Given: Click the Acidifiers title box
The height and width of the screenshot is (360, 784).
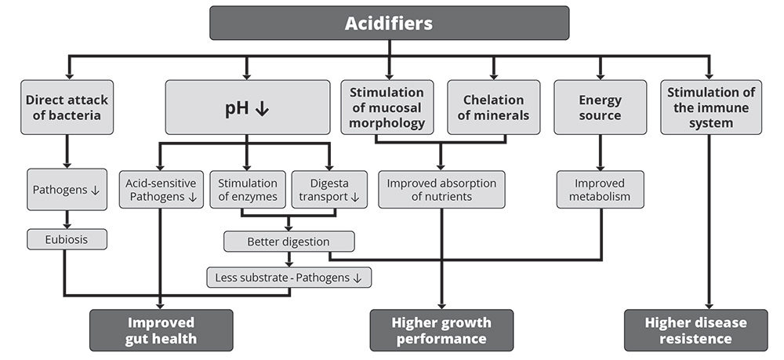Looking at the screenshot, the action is point(389,23).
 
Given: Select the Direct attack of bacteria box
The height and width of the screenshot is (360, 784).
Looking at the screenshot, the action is point(67,107).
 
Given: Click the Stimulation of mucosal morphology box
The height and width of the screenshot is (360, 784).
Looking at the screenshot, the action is point(387,107).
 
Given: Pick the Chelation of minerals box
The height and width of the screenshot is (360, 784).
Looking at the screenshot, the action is point(493,107).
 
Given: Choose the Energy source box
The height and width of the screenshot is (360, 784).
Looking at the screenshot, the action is point(600,107).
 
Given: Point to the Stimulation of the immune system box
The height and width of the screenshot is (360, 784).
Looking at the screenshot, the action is point(711,107).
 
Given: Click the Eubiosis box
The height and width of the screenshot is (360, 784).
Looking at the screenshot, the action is point(67,239).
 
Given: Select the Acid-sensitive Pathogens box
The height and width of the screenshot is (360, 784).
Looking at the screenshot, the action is point(161,190).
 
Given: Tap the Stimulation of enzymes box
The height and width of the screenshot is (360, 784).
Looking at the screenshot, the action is point(248,190).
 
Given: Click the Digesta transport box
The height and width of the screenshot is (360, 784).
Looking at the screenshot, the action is point(329,190).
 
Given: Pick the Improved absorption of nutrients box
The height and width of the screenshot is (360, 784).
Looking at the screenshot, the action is point(441,190).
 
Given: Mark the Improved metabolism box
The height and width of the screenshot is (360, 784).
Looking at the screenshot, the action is point(600,190).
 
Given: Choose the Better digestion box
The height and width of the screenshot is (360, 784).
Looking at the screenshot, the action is point(289,242).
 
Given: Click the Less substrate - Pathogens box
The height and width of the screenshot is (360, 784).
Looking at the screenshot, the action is point(289,278).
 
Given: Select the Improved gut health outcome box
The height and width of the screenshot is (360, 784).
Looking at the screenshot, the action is point(161,330).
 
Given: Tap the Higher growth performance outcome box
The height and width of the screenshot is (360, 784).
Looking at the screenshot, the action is point(441,330).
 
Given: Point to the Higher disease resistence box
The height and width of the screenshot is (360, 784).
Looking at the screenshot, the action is point(695,330).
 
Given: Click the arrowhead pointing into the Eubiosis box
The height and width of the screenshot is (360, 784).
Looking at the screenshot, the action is point(67,226).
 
